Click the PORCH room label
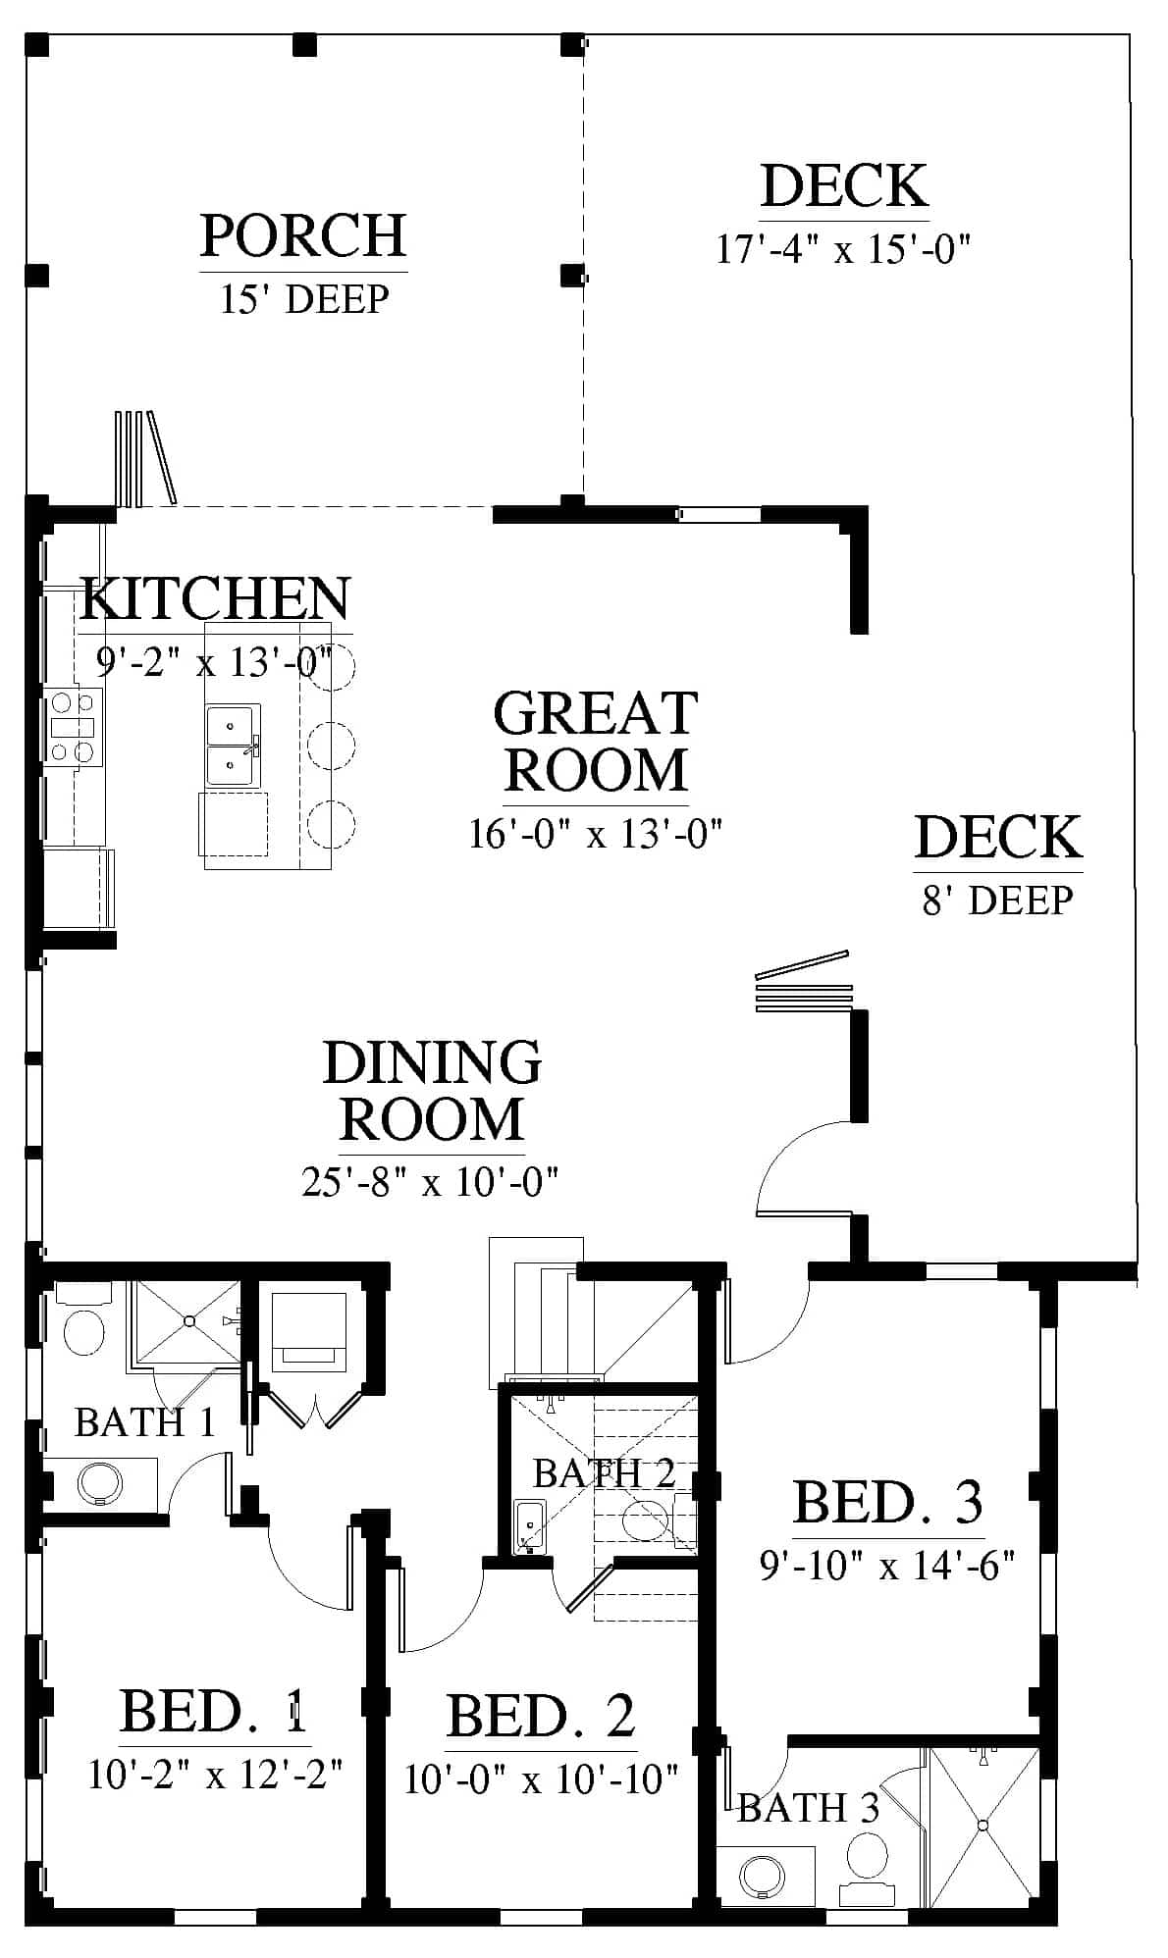[303, 235]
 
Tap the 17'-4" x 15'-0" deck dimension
[843, 249]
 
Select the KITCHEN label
[215, 598]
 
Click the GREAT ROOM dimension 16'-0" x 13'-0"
[596, 835]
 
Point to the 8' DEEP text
[998, 901]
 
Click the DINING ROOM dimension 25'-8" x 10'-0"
[430, 1182]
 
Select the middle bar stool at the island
[331, 747]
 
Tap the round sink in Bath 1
[99, 1481]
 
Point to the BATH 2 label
[604, 1472]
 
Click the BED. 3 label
[887, 1502]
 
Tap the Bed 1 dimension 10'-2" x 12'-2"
[215, 1775]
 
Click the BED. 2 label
[541, 1716]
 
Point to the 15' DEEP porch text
[304, 298]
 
